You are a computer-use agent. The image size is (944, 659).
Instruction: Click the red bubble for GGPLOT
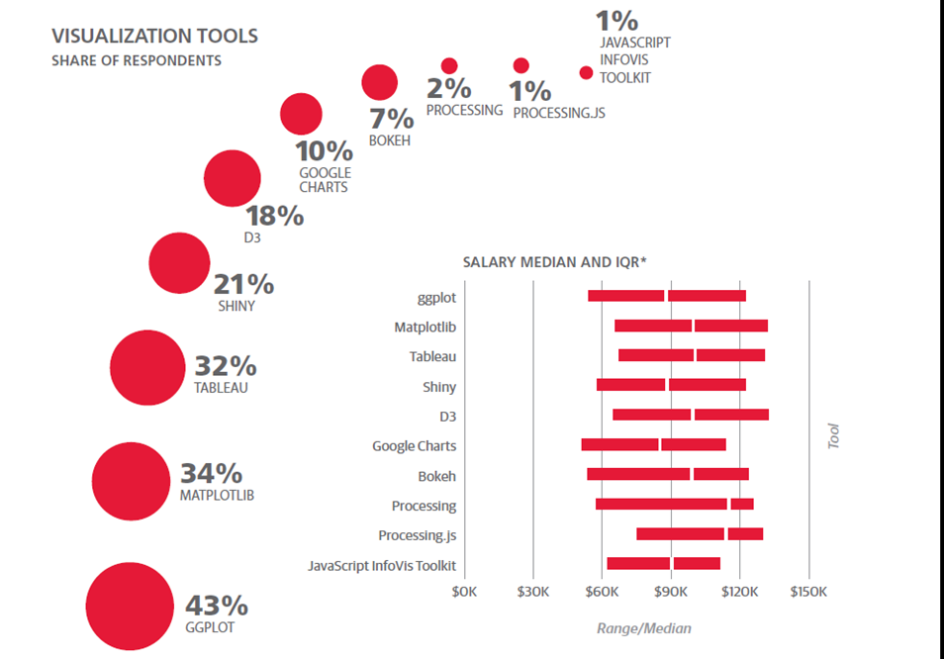point(130,606)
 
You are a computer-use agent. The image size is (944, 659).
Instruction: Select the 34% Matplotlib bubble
point(131,482)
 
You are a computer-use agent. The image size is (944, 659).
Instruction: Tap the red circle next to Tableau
point(147,368)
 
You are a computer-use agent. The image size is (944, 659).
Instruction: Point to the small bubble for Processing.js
point(521,66)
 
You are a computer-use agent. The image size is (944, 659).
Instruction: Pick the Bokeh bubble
point(380,83)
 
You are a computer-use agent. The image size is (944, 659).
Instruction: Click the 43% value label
point(217,605)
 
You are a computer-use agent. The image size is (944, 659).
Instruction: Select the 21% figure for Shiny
point(244,285)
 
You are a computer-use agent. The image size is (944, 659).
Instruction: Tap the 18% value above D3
point(274,216)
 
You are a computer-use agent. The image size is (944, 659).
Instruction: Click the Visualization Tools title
point(154,37)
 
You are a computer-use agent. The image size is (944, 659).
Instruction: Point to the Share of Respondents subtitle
point(137,61)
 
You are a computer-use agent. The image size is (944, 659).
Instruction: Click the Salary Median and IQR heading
point(554,262)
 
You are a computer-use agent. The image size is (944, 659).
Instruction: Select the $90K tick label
point(671,592)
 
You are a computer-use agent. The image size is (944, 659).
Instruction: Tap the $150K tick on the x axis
point(808,592)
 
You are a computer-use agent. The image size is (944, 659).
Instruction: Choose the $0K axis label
point(464,592)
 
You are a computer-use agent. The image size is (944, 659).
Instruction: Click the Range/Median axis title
point(644,628)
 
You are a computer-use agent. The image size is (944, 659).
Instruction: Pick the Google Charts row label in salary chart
point(414,446)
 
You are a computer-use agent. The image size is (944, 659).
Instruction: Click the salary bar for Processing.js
point(700,534)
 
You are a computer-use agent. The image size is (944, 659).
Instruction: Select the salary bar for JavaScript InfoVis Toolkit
point(663,564)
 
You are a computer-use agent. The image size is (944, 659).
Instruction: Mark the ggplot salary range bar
point(667,296)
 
